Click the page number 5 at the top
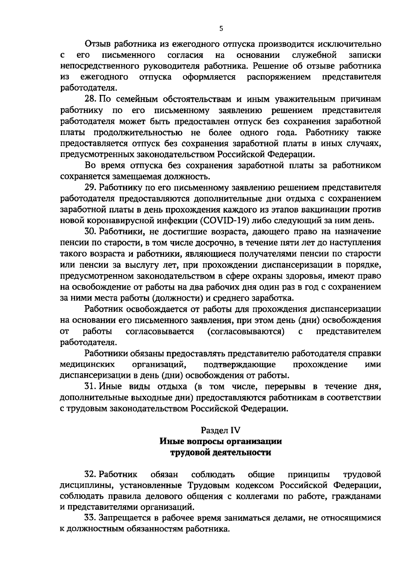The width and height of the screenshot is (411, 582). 221,29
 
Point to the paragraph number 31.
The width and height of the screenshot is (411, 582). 91,387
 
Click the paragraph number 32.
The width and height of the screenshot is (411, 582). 91,474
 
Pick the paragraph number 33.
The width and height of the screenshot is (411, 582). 91,518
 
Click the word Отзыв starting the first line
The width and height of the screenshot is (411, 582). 98,45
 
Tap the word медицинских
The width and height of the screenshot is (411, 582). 87,364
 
